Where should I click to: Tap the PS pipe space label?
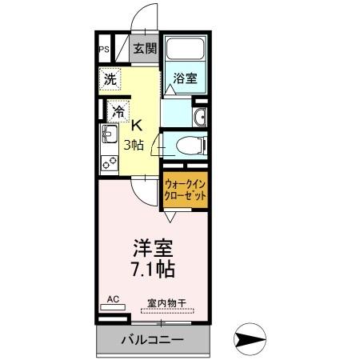103,49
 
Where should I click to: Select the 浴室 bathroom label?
186,78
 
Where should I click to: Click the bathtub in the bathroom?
186,50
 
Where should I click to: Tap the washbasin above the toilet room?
200,118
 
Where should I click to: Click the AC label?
112,299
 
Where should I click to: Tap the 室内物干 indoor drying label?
166,302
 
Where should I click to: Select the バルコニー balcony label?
152,340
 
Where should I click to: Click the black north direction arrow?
258,340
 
